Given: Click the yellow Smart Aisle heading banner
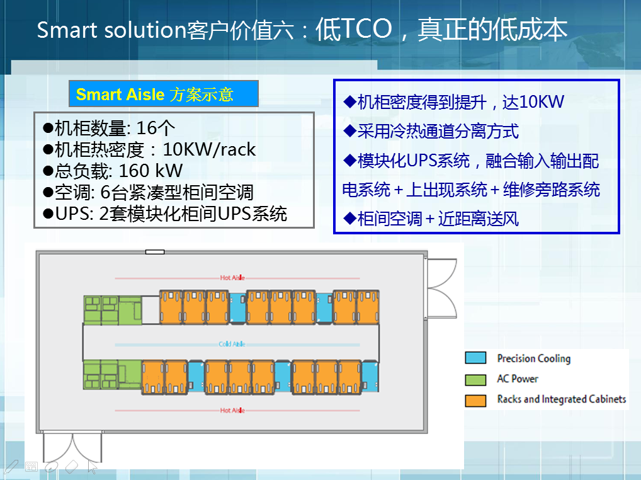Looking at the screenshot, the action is [164, 94].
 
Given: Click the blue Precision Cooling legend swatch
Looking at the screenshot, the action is [475, 358].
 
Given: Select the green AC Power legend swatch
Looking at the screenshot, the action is [475, 380].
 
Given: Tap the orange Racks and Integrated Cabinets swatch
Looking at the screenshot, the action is [475, 401].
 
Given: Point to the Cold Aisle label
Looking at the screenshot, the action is [232, 345].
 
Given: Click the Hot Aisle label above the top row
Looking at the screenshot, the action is [232, 278].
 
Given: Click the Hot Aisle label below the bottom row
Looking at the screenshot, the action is [232, 410].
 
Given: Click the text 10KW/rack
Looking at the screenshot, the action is [209, 149].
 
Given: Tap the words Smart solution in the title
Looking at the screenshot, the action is [111, 30].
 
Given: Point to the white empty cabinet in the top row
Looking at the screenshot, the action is [150, 310].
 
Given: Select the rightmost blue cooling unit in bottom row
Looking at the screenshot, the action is [370, 376].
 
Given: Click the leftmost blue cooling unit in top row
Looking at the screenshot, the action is [237, 307].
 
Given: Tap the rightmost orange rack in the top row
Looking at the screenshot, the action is [368, 307].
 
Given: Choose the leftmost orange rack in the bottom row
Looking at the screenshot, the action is [153, 377].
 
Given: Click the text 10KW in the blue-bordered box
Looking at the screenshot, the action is [533, 101].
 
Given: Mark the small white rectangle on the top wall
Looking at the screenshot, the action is [155, 252].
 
